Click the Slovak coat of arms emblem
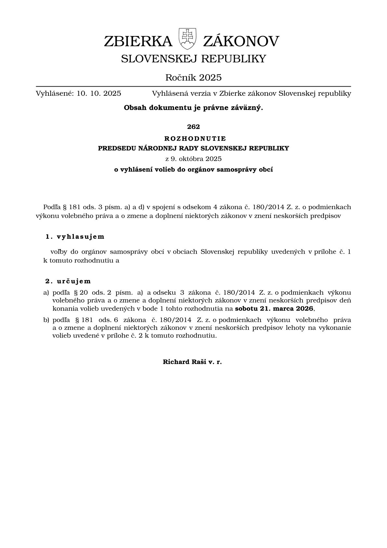tap(187, 38)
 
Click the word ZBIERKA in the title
tap(138, 42)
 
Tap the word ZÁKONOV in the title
tap(241, 42)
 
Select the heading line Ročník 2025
tap(193, 77)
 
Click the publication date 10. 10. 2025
tap(99, 94)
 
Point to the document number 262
tap(193, 127)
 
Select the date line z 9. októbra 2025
tap(193, 159)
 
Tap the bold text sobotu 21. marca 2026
tap(274, 308)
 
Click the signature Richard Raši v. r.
tap(192, 362)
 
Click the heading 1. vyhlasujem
tap(75, 237)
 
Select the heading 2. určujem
tap(68, 281)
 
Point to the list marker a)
tap(46, 293)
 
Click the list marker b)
tap(46, 320)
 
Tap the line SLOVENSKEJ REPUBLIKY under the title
tap(193, 59)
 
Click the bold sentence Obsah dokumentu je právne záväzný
tap(193, 108)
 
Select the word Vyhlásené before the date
tap(54, 94)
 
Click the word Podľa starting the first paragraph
tap(51, 207)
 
